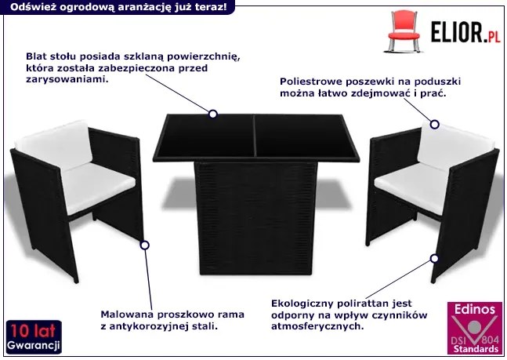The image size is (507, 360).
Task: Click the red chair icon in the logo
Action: pos(404,31)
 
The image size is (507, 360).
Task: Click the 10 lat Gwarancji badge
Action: pos(34,337)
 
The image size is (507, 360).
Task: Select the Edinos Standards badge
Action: pos(475,328)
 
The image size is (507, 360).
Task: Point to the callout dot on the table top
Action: pos(213,114)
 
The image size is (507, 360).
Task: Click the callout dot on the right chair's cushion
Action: pos(435,124)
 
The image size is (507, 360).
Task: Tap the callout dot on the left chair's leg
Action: pos(144,245)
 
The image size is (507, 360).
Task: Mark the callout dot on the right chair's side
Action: pos(434,258)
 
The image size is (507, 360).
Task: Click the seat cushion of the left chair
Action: pos(97,187)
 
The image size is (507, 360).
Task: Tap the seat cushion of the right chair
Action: pos(411,187)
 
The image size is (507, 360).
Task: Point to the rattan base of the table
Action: pos(255,218)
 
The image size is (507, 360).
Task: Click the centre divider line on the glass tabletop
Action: pos(255,136)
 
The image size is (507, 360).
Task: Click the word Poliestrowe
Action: pos(310,82)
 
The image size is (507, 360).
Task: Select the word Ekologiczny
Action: pos(302,304)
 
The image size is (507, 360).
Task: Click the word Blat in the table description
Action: pos(36,56)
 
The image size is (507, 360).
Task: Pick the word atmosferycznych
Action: pos(317,326)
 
